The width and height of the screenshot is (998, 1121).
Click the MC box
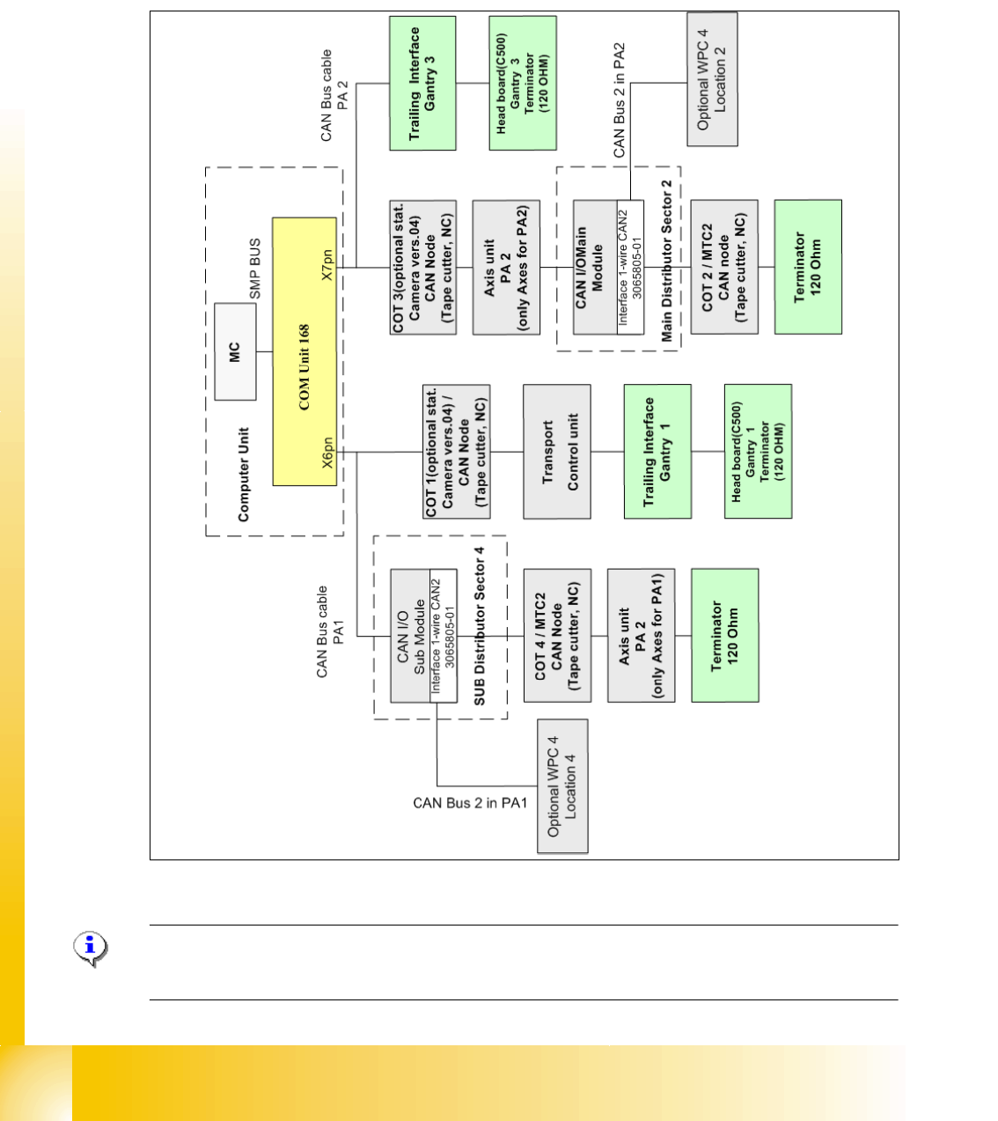tap(235, 351)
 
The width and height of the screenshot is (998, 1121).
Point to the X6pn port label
tap(327, 453)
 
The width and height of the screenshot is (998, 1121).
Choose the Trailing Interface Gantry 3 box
tap(422, 84)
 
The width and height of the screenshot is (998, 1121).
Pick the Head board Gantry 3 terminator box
tap(523, 84)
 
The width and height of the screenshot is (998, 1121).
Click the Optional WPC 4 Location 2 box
tap(712, 79)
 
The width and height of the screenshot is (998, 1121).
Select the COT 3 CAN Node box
tap(423, 268)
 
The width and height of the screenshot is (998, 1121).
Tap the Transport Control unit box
tap(557, 452)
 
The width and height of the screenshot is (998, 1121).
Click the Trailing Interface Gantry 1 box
tap(657, 452)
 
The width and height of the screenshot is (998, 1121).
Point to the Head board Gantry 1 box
tap(758, 452)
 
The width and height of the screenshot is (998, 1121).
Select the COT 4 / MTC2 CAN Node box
tap(557, 636)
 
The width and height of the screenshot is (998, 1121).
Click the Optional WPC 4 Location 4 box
tap(562, 786)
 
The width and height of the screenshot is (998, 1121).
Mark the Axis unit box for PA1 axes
tap(641, 636)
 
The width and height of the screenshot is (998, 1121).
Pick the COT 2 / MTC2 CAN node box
tap(724, 267)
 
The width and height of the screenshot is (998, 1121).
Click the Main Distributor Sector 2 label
tap(667, 261)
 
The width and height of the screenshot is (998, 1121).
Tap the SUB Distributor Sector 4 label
tap(480, 626)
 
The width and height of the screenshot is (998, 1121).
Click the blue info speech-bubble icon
tap(90, 948)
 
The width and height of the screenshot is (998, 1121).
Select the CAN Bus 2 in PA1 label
tap(470, 803)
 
